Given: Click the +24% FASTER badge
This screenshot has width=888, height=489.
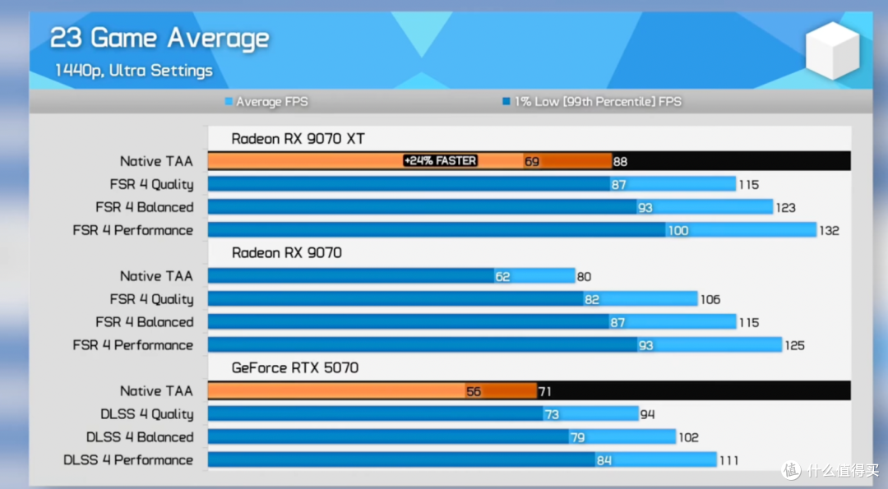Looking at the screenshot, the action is tap(440, 161).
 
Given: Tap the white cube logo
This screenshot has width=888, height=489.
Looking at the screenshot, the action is tap(832, 50).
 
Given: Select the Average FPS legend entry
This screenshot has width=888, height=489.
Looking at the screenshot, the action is tap(266, 102).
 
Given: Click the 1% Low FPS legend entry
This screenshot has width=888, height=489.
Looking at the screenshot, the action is tap(592, 102).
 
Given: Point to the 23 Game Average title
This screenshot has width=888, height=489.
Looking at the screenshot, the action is tap(160, 39).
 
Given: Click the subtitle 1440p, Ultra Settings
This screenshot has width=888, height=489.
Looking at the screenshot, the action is tap(134, 71).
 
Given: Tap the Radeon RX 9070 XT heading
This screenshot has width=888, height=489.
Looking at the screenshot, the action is tap(298, 139).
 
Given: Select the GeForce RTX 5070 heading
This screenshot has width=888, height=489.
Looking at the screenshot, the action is tap(295, 368).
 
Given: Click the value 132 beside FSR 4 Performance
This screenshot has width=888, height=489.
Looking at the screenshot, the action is tap(829, 230).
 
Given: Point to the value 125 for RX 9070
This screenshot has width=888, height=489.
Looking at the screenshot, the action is tap(794, 345).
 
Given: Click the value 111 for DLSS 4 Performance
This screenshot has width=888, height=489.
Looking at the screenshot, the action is tap(728, 460).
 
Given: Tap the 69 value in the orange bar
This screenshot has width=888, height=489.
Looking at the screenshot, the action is tap(532, 161).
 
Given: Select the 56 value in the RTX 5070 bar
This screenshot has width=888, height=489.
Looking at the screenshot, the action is tap(474, 391).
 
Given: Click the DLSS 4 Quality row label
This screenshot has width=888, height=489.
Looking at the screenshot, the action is tap(146, 414).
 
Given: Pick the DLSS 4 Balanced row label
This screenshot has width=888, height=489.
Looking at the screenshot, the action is tap(140, 437).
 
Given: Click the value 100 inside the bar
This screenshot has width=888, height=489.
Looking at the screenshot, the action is tap(678, 230).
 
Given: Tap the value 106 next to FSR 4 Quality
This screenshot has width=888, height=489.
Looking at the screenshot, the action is tap(710, 299).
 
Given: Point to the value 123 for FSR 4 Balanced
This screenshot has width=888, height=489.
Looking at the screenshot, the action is tap(785, 208).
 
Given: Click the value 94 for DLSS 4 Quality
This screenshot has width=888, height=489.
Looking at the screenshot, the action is tap(647, 414).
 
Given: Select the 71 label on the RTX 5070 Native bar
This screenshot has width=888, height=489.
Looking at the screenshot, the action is tap(544, 391).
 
